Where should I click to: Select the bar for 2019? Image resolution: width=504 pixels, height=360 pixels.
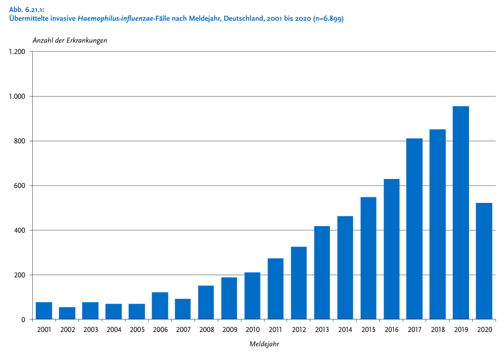point(461,213)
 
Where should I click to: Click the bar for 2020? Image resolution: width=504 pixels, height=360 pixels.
point(484,261)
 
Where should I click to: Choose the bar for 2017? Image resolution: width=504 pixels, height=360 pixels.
point(414,229)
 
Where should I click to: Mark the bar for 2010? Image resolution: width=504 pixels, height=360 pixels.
point(252,296)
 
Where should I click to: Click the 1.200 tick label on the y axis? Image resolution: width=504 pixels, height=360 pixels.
point(17,52)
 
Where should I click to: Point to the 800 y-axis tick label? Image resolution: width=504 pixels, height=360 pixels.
point(20,141)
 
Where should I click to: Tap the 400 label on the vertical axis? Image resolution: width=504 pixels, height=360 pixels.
point(20,230)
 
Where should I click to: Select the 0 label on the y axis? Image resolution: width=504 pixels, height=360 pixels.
point(23,320)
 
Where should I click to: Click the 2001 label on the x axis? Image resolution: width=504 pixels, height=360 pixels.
point(44,330)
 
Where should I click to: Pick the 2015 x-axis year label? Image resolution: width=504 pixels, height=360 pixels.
point(368,330)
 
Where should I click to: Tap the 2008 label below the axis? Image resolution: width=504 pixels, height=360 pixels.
point(206,330)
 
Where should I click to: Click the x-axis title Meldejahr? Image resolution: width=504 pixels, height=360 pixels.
point(264,345)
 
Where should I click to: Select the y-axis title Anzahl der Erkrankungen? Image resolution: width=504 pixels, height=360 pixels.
point(70,40)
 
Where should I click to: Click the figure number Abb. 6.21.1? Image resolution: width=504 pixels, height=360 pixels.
point(26,10)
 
